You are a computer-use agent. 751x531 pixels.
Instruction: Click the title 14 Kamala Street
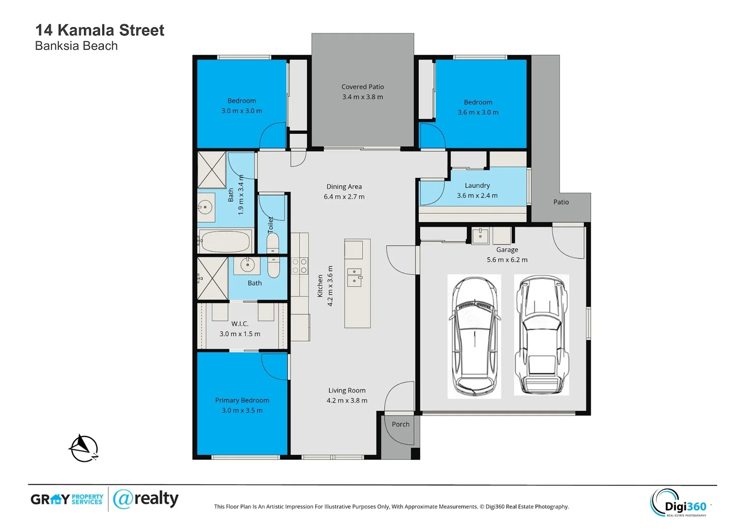[x=99, y=30]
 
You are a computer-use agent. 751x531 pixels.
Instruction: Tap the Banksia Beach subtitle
[x=76, y=46]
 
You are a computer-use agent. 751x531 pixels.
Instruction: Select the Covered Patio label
[x=362, y=87]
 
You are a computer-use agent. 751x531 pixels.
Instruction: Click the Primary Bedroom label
[x=242, y=400]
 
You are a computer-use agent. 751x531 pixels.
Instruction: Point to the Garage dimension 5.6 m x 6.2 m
[x=507, y=260]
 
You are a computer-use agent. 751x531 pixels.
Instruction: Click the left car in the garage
[x=474, y=336]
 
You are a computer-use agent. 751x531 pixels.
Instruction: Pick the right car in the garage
[x=541, y=335]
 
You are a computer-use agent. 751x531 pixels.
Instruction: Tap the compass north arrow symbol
[x=84, y=448]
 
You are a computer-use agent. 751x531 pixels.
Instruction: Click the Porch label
[x=401, y=424]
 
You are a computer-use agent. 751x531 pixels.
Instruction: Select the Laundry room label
[x=477, y=185]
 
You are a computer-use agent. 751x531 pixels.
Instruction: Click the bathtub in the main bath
[x=226, y=242]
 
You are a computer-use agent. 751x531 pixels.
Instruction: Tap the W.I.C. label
[x=240, y=324]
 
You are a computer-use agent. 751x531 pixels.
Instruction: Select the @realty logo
[x=145, y=499]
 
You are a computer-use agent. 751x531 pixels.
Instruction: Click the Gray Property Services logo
[x=67, y=499]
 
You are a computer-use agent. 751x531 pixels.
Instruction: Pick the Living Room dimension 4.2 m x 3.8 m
[x=347, y=400]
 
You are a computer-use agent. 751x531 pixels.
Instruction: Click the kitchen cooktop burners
[x=299, y=266]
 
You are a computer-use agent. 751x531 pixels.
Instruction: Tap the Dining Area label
[x=344, y=186]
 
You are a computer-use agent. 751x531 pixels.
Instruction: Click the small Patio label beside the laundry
[x=561, y=202]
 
